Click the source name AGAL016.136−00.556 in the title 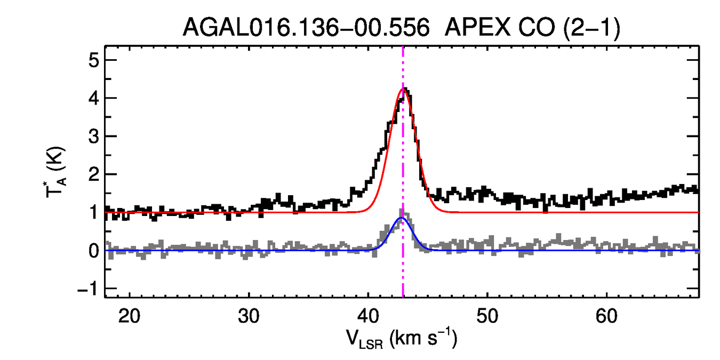tap(306, 27)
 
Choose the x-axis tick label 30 tap(249, 316)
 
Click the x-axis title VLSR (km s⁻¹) tap(401, 338)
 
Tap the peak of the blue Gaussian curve tap(402, 218)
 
